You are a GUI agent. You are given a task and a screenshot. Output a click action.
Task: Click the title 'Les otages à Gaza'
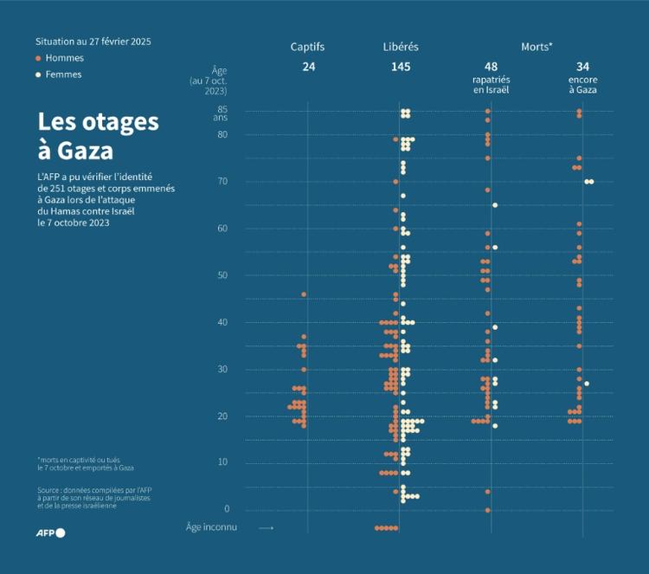(x=97, y=136)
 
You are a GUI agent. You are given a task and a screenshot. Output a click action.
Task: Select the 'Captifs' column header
(x=308, y=47)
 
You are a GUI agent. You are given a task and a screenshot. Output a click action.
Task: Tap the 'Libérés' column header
(x=401, y=47)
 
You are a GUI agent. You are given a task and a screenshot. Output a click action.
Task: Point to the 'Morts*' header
(x=537, y=47)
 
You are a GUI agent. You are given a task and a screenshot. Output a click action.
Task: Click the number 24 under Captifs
(x=308, y=67)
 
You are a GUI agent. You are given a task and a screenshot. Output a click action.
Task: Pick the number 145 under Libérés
(x=401, y=67)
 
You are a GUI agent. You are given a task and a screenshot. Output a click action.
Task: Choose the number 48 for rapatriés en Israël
(x=491, y=67)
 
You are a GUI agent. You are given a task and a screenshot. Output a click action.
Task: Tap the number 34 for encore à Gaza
(x=582, y=67)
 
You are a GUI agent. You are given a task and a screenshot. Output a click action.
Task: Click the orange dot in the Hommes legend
(x=38, y=58)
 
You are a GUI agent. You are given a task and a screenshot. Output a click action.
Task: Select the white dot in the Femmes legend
(x=38, y=74)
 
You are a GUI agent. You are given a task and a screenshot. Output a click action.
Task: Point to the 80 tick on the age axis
(x=222, y=134)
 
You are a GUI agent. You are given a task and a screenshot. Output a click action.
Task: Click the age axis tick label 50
(x=222, y=275)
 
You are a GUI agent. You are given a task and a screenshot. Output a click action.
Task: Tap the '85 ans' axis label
(x=222, y=113)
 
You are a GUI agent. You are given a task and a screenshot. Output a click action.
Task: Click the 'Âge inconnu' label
(x=211, y=527)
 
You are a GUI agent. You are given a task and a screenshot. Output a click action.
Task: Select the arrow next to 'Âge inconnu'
(x=267, y=528)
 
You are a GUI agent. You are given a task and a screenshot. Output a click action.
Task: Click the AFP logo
(x=49, y=532)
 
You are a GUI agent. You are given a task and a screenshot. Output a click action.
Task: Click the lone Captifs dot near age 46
(x=304, y=294)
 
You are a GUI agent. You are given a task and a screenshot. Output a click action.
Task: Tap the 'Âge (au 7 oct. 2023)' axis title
(x=209, y=80)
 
